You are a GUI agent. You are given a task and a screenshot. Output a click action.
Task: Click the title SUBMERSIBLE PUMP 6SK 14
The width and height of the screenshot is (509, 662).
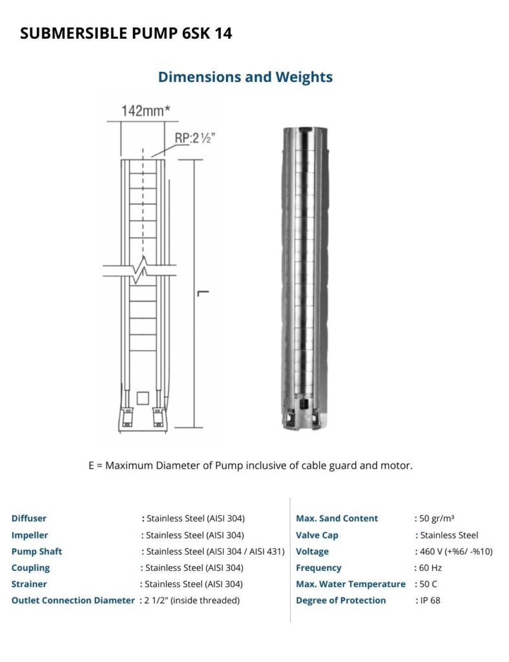(126, 34)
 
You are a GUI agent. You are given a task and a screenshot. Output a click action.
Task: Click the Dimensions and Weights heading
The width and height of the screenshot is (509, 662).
(245, 77)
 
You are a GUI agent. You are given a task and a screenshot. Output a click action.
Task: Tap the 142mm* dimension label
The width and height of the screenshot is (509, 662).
(146, 111)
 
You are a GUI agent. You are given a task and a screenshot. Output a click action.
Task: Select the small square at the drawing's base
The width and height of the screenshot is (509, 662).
(143, 397)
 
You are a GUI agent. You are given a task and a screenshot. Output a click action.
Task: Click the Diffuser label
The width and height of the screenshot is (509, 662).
(29, 518)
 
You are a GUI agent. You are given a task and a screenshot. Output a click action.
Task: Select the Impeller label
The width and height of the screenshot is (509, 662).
(30, 535)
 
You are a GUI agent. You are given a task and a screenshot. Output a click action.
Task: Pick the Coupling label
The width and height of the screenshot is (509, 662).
(30, 568)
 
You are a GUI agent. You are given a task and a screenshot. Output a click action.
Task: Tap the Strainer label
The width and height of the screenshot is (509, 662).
(29, 584)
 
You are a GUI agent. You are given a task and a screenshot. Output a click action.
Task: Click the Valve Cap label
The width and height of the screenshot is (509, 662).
(317, 535)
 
